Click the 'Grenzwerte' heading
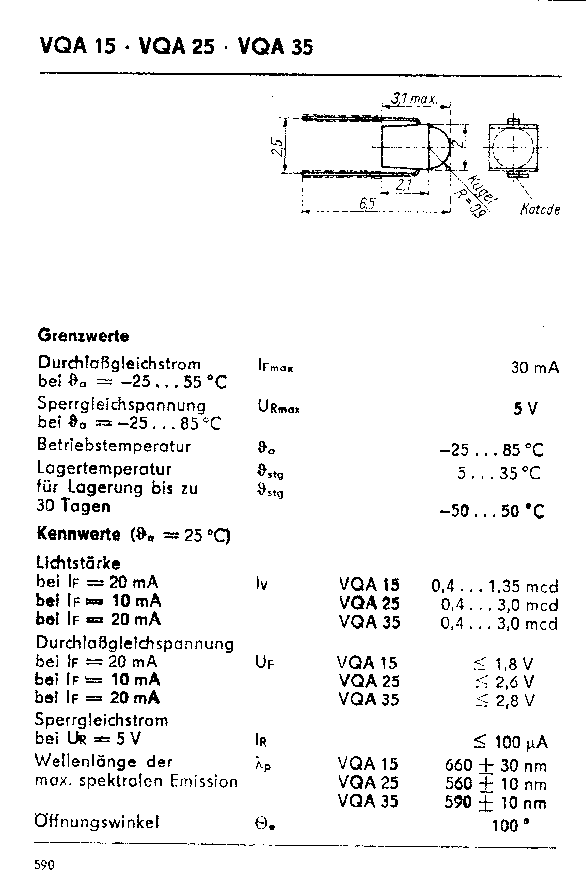tap(83, 336)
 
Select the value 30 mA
tap(534, 368)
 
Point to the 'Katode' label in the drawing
tap(540, 210)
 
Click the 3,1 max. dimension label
tap(414, 99)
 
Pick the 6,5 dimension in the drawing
tap(368, 205)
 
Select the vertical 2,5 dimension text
tap(278, 147)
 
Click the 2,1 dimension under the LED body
tap(403, 185)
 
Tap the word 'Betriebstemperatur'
tap(114, 446)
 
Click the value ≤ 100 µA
tap(510, 743)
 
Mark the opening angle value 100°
tap(511, 826)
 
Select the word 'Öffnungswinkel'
tap(97, 822)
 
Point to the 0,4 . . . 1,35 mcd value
tap(494, 587)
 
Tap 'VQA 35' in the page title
tap(275, 48)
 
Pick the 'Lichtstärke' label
tap(78, 562)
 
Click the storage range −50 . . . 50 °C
tap(491, 511)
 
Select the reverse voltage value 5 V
tap(526, 410)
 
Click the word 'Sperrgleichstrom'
tap(102, 720)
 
